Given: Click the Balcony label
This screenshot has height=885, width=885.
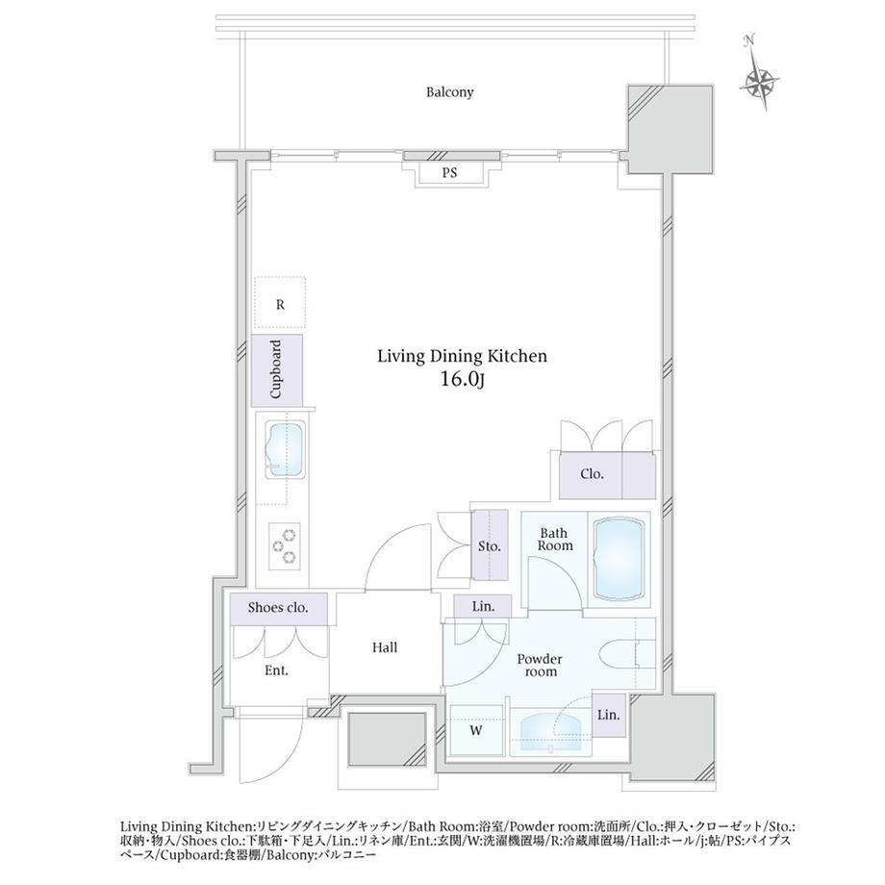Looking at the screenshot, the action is (x=449, y=92).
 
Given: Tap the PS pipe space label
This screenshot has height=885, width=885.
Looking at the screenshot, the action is (x=449, y=173).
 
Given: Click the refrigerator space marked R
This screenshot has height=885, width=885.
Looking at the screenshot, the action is (x=280, y=302).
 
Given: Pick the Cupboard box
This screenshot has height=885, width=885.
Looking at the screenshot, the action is (x=277, y=370).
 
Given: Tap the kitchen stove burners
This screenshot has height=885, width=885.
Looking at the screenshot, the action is (x=284, y=545).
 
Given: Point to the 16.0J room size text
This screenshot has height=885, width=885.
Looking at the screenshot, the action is (x=463, y=379).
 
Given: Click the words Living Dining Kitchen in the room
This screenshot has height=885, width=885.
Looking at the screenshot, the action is (x=463, y=356).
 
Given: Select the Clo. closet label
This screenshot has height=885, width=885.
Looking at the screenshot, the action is (x=592, y=474).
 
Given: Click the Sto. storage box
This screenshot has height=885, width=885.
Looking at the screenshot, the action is (x=490, y=545).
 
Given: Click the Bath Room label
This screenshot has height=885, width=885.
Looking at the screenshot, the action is (x=555, y=539).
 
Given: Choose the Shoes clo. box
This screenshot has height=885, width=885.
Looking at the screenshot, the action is (x=278, y=608).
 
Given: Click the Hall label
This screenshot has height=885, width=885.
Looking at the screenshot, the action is (x=385, y=647).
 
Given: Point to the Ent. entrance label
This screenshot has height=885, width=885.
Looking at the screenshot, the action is (x=277, y=670).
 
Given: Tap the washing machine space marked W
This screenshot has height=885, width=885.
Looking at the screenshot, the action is (x=476, y=730).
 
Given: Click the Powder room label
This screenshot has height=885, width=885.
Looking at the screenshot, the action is (x=541, y=665).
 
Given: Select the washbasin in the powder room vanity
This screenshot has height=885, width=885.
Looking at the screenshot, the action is (x=550, y=734).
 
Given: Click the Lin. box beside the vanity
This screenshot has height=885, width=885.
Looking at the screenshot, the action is (x=608, y=715).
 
